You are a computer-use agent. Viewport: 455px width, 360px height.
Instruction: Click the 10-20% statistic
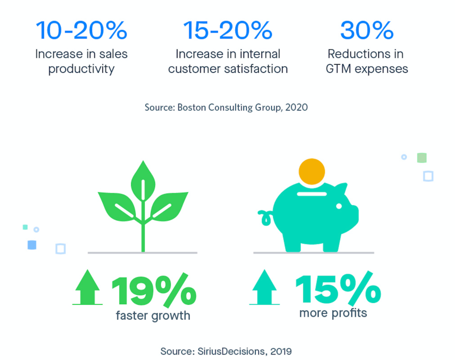81,30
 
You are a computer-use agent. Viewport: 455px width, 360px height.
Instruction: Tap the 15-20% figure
228,30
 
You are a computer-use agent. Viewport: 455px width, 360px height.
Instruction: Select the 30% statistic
367,30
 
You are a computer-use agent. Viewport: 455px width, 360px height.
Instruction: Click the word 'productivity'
81,69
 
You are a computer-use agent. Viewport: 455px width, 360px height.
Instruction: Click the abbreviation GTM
338,69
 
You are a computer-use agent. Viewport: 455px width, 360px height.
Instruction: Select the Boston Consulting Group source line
226,107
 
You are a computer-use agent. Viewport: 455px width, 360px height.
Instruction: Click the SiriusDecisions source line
226,351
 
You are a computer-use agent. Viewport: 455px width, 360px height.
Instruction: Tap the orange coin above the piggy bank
312,171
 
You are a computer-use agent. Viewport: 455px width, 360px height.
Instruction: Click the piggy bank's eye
339,206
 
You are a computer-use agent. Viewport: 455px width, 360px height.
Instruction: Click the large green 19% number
153,291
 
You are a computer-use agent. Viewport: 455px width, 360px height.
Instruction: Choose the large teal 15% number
338,289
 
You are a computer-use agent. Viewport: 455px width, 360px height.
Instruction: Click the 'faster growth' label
153,315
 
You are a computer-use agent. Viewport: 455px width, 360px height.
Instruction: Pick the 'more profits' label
333,313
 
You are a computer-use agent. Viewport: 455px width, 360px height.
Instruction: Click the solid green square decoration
422,158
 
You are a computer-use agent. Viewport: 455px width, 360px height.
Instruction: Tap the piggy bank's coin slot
312,194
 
